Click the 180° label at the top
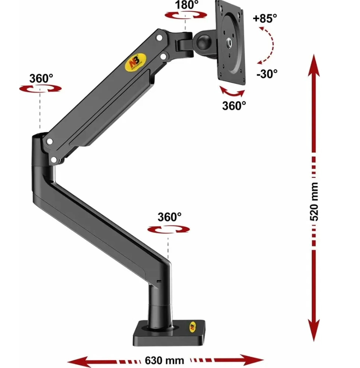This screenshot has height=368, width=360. pyautogui.click(x=187, y=5)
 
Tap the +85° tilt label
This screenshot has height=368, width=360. pyautogui.click(x=265, y=18)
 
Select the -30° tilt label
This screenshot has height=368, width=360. pyautogui.click(x=267, y=74)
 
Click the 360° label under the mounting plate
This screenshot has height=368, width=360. pyautogui.click(x=234, y=106)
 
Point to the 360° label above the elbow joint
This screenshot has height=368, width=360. pyautogui.click(x=41, y=78)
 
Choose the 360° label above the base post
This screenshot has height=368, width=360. pyautogui.click(x=169, y=217)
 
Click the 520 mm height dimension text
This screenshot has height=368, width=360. pyautogui.click(x=314, y=201)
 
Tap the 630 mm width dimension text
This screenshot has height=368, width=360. pyautogui.click(x=165, y=360)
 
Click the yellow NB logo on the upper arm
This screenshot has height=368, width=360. pyautogui.click(x=136, y=62)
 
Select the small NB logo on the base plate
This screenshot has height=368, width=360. pyautogui.click(x=192, y=326)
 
